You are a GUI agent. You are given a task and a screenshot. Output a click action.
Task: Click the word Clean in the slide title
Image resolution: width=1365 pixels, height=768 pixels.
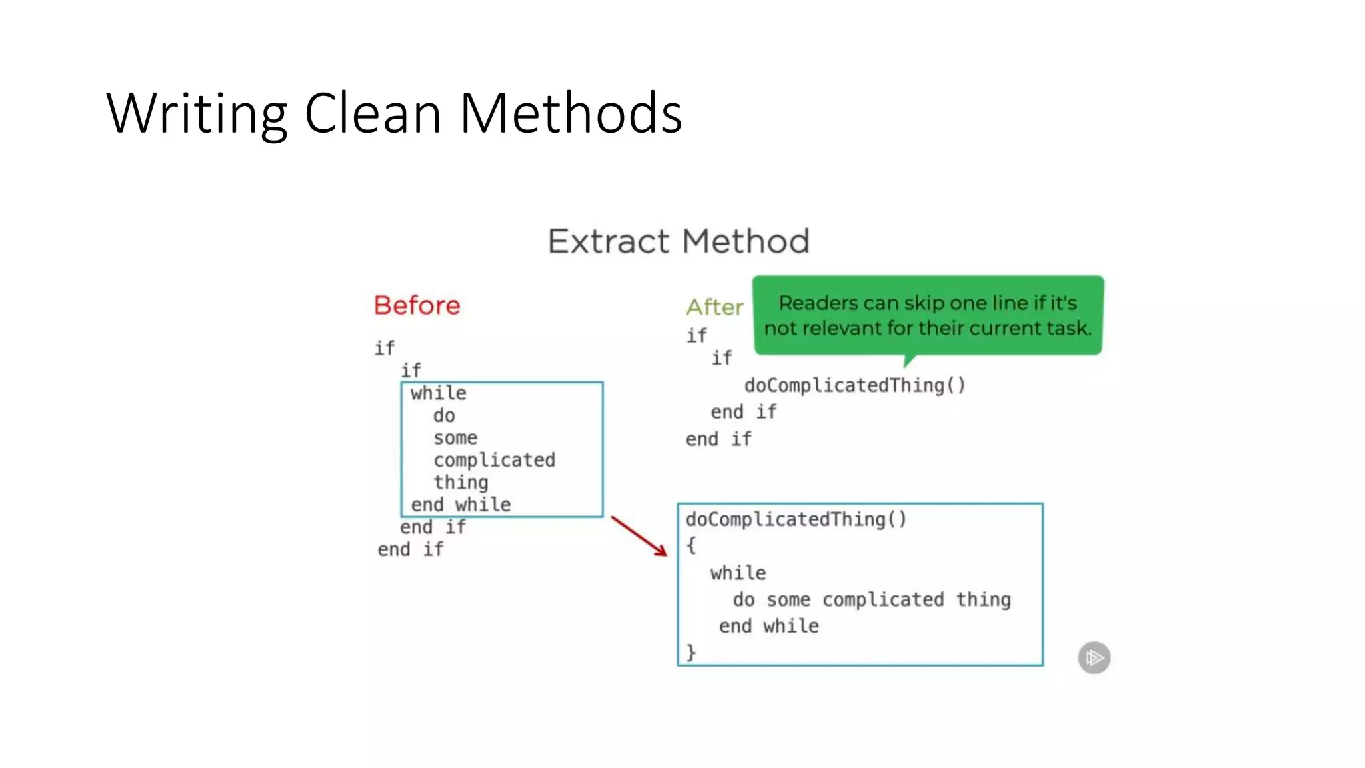click(x=373, y=113)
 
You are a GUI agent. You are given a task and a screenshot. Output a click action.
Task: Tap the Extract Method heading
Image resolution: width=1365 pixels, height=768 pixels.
click(x=679, y=241)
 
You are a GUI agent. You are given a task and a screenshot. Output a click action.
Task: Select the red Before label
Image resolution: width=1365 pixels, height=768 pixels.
click(x=417, y=305)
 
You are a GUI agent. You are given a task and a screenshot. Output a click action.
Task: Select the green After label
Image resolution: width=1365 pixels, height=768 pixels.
click(x=715, y=307)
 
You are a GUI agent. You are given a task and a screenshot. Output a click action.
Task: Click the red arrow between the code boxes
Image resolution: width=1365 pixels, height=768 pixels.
click(x=639, y=535)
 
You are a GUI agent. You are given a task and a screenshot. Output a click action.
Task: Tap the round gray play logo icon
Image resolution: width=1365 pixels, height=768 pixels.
click(x=1094, y=658)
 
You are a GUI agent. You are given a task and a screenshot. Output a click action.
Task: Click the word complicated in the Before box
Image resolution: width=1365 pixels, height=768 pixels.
click(x=494, y=460)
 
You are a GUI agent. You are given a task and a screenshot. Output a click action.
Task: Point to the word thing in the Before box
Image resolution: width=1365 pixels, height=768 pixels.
click(x=461, y=482)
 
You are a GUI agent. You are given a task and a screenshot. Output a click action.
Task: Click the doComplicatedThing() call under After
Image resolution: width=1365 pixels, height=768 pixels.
click(x=854, y=385)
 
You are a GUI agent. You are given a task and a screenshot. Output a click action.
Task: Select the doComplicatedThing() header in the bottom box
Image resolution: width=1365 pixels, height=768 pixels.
click(x=796, y=519)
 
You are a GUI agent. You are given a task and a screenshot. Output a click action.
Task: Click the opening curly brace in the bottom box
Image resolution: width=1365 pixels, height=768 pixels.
click(x=691, y=545)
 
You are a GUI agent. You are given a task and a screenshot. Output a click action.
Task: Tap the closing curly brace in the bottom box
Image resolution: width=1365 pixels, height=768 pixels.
click(x=691, y=651)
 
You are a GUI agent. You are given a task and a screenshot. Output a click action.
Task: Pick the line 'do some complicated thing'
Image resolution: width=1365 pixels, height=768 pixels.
click(x=872, y=599)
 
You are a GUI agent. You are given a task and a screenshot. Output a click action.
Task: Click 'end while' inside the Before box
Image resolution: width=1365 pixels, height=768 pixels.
click(x=461, y=505)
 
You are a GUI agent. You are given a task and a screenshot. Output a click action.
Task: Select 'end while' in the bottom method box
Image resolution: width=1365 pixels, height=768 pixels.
click(x=768, y=626)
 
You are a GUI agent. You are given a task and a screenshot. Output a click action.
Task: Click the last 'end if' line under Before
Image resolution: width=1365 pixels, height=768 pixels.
click(x=410, y=549)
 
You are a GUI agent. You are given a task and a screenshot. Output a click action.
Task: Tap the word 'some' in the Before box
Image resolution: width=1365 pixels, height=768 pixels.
click(x=455, y=438)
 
